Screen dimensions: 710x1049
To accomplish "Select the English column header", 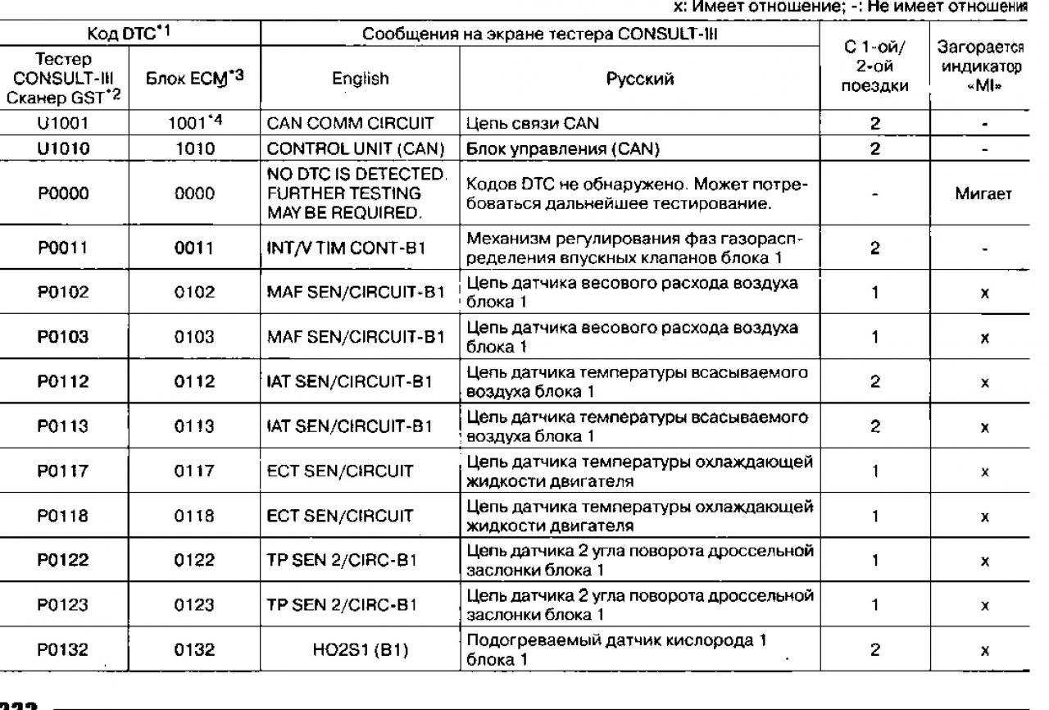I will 361,79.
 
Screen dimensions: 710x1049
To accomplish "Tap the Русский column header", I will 640,79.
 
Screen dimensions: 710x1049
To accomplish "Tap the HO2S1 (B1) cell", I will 361,649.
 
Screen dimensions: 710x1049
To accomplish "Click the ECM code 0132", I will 199,649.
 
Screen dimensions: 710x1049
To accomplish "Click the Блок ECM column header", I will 199,79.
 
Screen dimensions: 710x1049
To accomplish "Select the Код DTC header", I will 130,34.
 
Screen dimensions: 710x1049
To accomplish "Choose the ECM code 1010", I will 199,148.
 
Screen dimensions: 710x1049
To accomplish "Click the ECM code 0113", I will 199,426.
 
